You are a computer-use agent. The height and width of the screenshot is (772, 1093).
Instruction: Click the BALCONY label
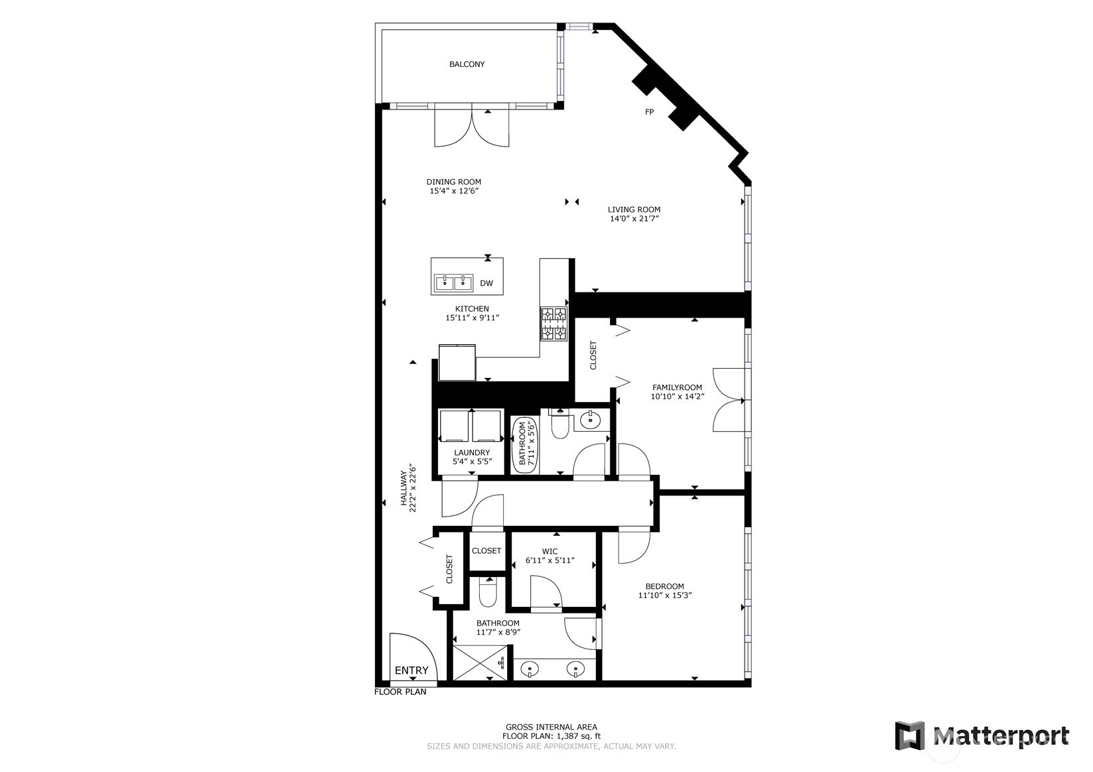467,64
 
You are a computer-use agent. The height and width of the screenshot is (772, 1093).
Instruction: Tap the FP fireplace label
649,112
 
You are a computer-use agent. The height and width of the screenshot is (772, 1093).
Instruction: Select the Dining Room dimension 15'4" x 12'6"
454,191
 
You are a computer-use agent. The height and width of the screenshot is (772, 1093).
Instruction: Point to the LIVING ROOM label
634,210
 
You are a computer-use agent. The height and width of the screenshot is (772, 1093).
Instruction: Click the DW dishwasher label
486,283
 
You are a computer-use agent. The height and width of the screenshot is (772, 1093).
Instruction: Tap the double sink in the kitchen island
454,283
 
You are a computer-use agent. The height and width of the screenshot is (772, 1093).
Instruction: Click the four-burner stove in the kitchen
554,324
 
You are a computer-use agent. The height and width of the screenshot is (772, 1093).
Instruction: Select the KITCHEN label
472,308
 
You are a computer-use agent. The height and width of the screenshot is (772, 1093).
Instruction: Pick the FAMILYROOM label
678,388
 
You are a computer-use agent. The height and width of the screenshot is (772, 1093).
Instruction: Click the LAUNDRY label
472,452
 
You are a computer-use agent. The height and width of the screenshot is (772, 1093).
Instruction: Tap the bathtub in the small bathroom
525,444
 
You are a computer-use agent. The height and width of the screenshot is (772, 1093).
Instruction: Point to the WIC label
549,552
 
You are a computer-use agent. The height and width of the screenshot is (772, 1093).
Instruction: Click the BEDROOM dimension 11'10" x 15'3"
665,596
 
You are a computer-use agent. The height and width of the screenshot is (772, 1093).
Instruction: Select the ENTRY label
411,671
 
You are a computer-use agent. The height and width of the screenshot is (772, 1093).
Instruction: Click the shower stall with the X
480,663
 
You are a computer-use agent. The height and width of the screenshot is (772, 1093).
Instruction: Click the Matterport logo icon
910,736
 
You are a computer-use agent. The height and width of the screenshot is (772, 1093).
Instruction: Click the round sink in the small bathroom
591,419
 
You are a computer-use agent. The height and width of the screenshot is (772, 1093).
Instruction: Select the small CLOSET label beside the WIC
486,550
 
